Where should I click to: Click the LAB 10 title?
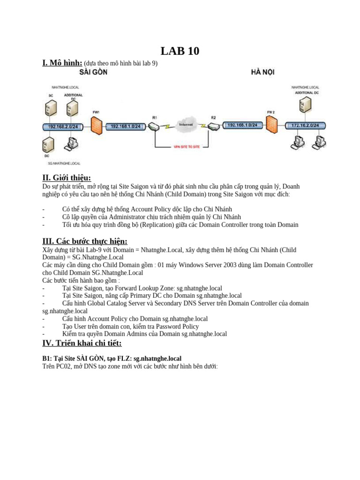tap(180, 51)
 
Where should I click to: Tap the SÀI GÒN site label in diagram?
tap(93, 72)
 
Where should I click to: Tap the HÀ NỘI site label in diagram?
tap(263, 72)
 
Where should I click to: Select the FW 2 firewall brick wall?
tap(271, 125)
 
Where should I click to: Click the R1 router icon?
tap(154, 126)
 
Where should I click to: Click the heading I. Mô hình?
tap(62, 63)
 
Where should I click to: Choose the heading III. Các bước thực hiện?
tap(85, 241)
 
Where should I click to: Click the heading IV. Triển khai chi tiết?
tap(82, 343)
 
